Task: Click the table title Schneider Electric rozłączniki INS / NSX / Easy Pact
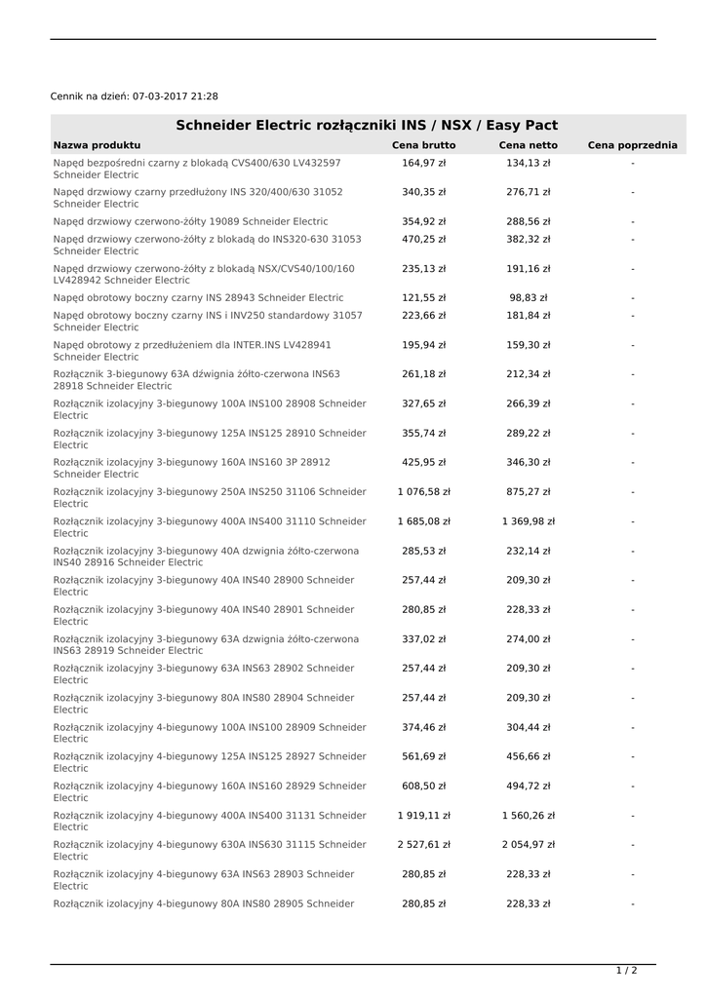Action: click(367, 126)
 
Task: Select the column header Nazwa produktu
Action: click(97, 145)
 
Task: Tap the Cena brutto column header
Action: click(423, 145)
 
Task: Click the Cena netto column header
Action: click(529, 145)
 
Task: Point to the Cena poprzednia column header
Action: click(632, 145)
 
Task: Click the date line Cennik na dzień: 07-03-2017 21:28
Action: click(135, 96)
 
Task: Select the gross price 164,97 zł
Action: click(423, 163)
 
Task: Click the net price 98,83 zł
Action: click(529, 297)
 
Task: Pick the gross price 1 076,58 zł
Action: click(423, 492)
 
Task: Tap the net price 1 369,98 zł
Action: click(529, 521)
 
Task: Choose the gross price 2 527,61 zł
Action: click(423, 845)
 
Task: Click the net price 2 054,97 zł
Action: click(529, 845)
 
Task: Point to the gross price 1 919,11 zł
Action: click(423, 816)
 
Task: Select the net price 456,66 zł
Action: click(529, 756)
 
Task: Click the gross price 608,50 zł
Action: click(423, 786)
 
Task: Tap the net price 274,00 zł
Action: click(529, 639)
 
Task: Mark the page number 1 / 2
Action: click(626, 971)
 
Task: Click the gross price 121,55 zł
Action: click(423, 297)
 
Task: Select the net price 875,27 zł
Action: click(529, 492)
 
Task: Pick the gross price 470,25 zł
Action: click(423, 239)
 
